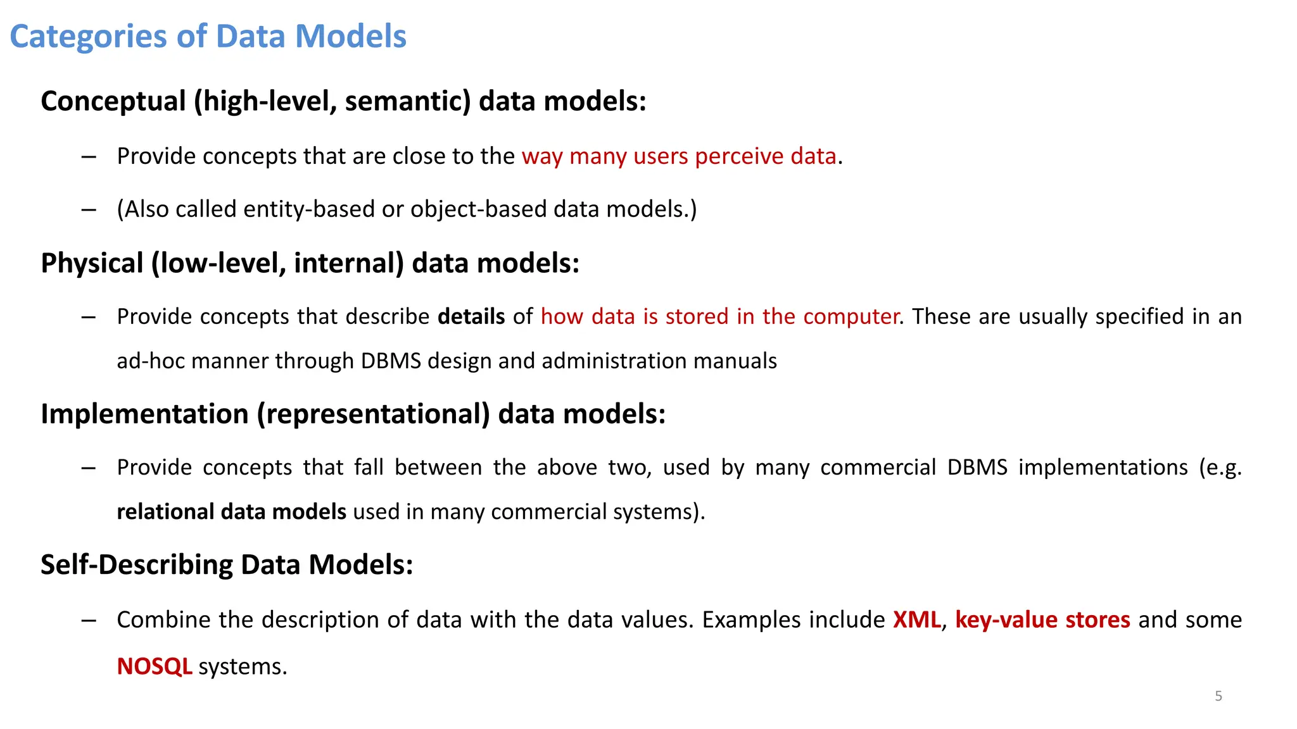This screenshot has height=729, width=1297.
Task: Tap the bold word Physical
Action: click(92, 263)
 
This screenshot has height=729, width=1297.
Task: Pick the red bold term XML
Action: click(916, 620)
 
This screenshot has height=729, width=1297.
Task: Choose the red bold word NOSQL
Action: click(155, 666)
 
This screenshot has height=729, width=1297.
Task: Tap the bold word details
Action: click(471, 316)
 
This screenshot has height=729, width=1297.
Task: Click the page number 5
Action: click(1218, 696)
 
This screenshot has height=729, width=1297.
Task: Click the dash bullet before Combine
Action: click(89, 620)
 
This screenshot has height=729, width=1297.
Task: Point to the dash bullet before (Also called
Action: click(89, 209)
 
